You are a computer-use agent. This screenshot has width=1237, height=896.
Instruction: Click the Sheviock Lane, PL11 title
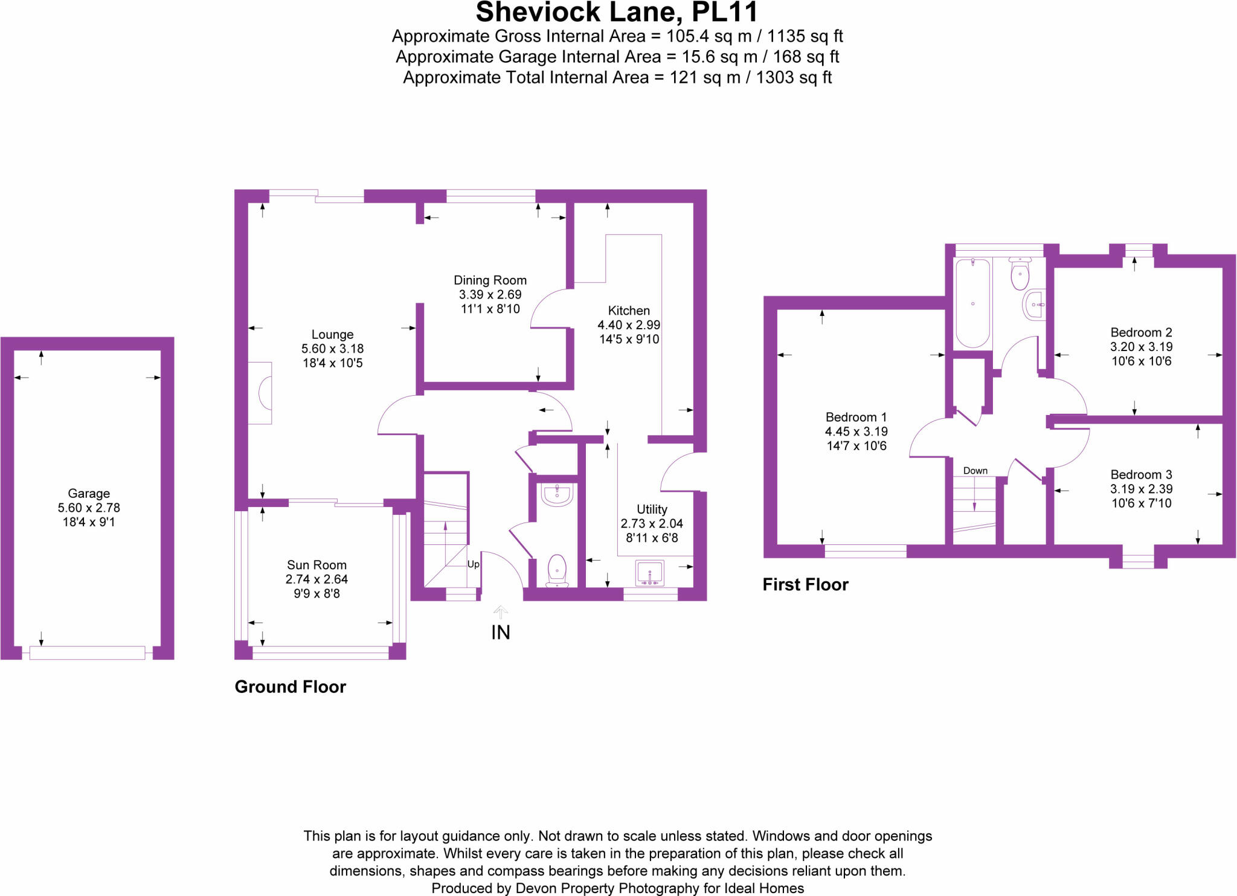[x=617, y=12]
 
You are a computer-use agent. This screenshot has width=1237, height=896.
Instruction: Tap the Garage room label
[x=89, y=493]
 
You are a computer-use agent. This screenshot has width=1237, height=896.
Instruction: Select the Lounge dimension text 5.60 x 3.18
[x=332, y=349]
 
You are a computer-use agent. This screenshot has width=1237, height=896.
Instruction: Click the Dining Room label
[x=490, y=280]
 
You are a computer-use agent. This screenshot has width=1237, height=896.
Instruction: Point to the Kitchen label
[x=629, y=311]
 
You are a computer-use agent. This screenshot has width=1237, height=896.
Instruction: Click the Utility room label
[x=652, y=509]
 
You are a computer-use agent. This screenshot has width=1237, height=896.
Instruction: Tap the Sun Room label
[x=316, y=565]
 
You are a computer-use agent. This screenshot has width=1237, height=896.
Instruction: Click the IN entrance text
[x=501, y=633]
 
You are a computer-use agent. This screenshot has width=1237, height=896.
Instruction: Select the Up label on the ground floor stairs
[x=474, y=564]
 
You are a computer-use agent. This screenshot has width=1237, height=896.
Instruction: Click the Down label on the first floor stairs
[x=975, y=471]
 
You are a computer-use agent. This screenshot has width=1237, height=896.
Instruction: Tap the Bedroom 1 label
[x=856, y=417]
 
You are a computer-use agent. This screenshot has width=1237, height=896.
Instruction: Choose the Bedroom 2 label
[x=1141, y=332]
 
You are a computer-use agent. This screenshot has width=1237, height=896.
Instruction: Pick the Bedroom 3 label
[x=1141, y=474]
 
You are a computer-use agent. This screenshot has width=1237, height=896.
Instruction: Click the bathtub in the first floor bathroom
[x=972, y=303]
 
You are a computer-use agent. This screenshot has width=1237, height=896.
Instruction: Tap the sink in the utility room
[x=649, y=572]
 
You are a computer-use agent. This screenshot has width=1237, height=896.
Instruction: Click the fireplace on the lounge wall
[x=262, y=393]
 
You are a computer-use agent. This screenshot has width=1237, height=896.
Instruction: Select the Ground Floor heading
[x=290, y=687]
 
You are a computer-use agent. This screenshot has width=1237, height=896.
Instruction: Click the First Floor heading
[x=805, y=584]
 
